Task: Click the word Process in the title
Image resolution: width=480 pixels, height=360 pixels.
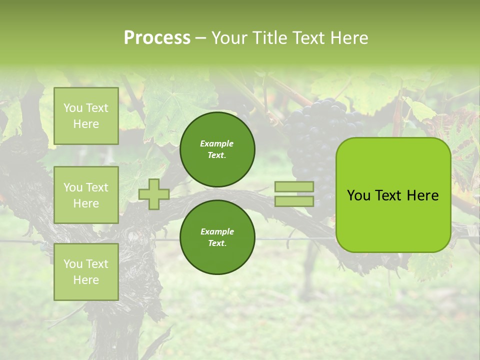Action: point(157,38)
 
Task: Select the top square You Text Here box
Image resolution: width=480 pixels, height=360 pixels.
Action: point(86,116)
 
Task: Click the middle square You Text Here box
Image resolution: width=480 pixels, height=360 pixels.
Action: point(86,195)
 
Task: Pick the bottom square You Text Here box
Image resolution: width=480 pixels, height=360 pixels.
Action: point(86,272)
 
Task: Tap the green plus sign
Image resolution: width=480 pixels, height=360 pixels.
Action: point(153,194)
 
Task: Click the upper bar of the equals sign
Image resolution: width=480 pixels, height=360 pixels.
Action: point(294,186)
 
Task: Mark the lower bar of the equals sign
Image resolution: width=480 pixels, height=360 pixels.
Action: point(294,201)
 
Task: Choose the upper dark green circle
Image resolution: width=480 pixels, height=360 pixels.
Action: point(217,149)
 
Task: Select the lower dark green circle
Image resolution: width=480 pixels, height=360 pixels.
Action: point(217,237)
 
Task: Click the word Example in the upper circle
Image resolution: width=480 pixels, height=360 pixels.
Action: point(217,143)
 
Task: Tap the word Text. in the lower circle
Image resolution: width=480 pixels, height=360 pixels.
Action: point(217,243)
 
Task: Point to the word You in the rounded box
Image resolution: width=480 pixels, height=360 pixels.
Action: point(358,195)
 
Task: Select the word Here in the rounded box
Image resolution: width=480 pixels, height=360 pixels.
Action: point(422,195)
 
